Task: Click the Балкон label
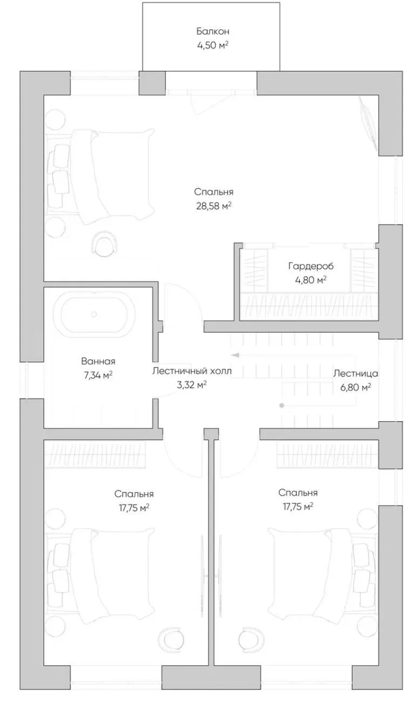[213, 31]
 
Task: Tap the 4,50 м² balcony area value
[213, 45]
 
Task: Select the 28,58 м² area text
[213, 206]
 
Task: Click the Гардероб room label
[311, 266]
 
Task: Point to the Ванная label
[98, 362]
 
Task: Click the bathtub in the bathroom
[93, 315]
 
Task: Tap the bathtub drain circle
[94, 314]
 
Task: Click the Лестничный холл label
[192, 371]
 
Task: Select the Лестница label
[355, 373]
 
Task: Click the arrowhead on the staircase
[235, 354]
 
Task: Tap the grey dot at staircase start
[281, 406]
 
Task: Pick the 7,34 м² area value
[98, 375]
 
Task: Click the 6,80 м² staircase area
[355, 387]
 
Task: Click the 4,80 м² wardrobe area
[311, 280]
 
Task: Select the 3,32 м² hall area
[192, 385]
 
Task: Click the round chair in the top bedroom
[105, 244]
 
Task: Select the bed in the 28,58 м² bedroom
[99, 176]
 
